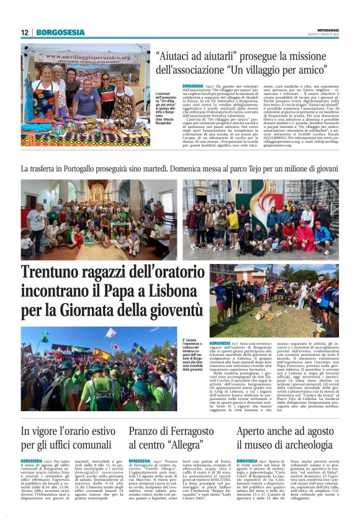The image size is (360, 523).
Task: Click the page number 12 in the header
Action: [x=25, y=32]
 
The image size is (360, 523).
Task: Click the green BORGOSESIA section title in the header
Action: [x=60, y=32]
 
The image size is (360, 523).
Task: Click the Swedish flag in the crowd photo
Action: [x=135, y=349]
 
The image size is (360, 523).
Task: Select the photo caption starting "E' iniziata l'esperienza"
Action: [x=192, y=355]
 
